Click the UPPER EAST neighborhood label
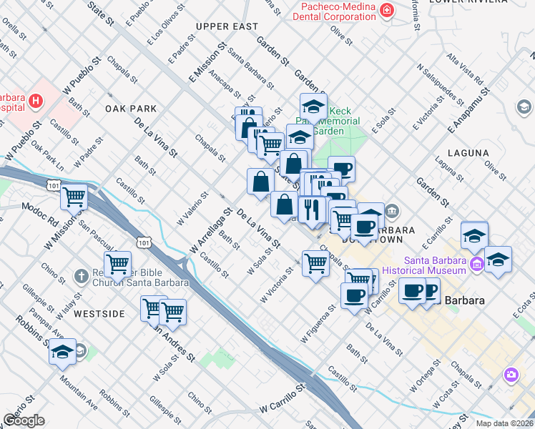tap(226, 26)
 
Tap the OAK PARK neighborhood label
tap(130, 109)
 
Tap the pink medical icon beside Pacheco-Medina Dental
tap(387, 11)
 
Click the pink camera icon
tap(511, 375)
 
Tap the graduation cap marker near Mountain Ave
tap(63, 352)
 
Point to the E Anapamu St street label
tap(467, 109)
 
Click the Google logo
tap(24, 420)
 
